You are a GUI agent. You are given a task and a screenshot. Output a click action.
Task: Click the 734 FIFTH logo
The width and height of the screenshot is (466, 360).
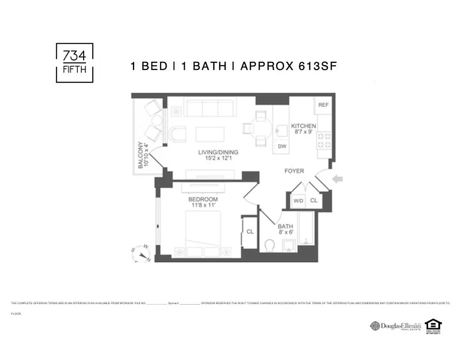[74, 63]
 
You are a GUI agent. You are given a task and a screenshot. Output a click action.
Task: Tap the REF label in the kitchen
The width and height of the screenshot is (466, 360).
[323, 105]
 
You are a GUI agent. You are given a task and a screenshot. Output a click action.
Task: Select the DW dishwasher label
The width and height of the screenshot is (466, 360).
[282, 146]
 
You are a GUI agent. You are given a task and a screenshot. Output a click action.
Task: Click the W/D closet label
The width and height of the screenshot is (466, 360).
[298, 201]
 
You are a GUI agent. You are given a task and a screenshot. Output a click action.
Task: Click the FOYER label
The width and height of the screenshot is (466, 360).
[294, 171]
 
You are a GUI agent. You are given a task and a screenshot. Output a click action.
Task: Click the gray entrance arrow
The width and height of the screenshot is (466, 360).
[337, 179]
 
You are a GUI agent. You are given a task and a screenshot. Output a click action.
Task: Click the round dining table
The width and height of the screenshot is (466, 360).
[261, 128]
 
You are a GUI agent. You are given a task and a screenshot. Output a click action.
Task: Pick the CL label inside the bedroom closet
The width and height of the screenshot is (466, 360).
[250, 232]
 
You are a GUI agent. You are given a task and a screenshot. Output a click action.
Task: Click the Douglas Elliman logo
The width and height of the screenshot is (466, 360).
[395, 325]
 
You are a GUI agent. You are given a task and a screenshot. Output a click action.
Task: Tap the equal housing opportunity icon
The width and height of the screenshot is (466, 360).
[433, 325]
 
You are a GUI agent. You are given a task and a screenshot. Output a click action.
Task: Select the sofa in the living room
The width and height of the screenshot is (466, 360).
[210, 108]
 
